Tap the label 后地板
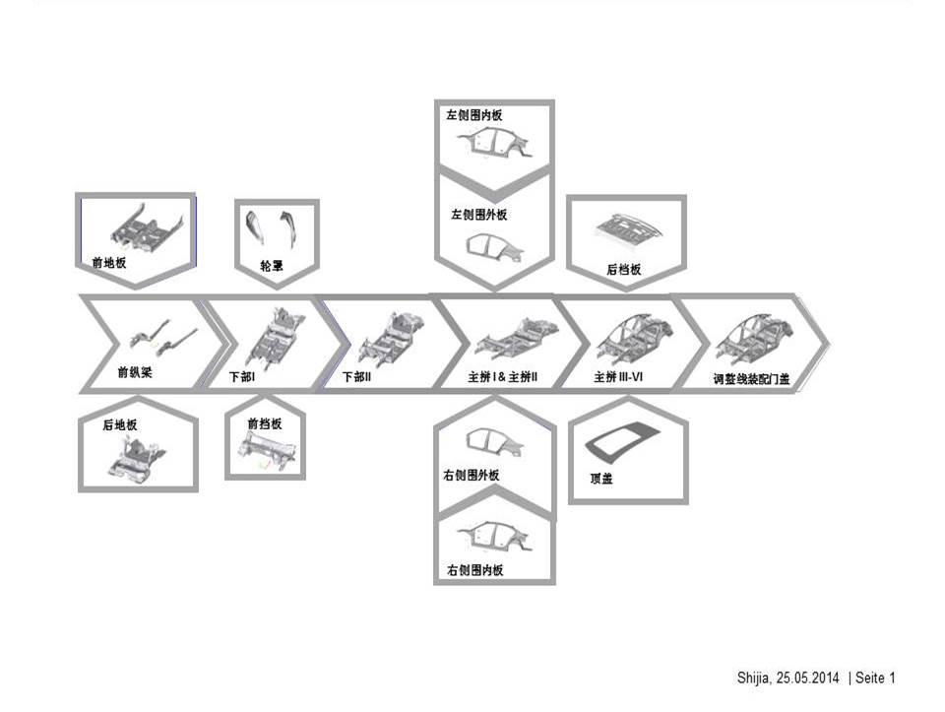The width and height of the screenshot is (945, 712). [119, 424]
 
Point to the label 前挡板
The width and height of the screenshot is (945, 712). [264, 423]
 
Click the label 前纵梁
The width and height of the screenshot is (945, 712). [136, 373]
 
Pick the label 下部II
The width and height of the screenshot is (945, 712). [356, 377]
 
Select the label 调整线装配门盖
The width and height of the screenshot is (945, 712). [751, 378]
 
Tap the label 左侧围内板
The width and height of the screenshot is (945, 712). [474, 115]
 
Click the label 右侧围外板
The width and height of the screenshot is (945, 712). [472, 476]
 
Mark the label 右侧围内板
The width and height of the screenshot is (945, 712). [474, 569]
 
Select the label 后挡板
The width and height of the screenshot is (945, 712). [623, 268]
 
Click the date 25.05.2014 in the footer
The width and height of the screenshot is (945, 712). [808, 678]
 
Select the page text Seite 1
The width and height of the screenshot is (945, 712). [875, 678]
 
